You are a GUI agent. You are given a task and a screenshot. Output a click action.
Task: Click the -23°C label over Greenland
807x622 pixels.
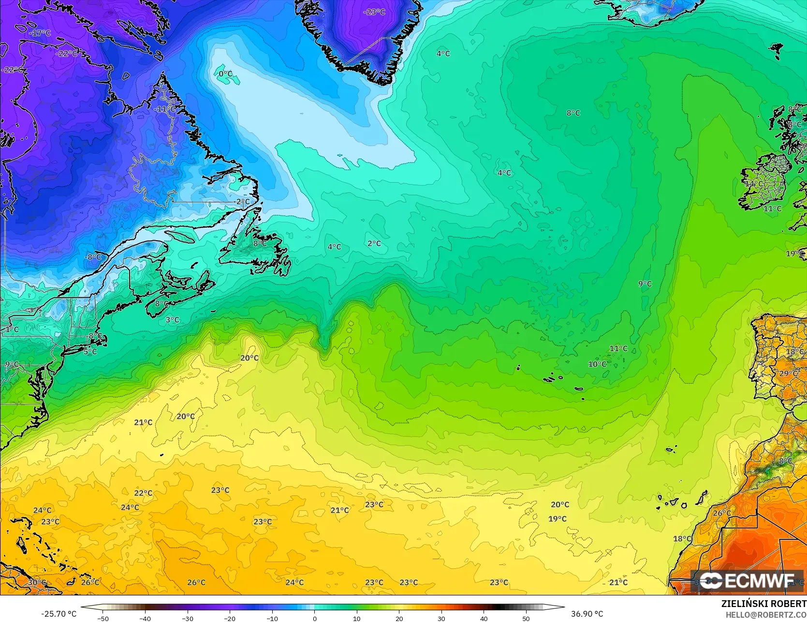(374, 12)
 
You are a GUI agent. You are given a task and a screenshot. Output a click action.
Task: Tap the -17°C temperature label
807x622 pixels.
(40, 33)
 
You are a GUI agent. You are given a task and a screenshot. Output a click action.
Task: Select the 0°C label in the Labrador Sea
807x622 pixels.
(225, 74)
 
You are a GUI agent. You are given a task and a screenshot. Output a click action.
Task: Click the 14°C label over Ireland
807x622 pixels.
(754, 184)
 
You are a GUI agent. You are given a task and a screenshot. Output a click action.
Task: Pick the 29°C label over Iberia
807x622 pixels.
(788, 373)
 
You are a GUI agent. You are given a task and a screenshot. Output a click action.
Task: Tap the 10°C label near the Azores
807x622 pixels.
(597, 364)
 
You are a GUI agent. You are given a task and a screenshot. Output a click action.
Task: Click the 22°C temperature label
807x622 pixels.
(143, 493)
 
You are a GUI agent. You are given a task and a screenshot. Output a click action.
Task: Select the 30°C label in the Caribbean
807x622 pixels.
(37, 582)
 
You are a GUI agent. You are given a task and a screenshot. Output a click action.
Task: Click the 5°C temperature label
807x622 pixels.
(90, 352)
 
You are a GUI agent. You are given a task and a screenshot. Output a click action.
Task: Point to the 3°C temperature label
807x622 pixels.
(172, 320)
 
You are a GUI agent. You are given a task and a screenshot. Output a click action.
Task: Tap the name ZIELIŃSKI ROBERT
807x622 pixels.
(763, 604)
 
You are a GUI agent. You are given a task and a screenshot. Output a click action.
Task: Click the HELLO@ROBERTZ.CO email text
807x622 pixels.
(765, 614)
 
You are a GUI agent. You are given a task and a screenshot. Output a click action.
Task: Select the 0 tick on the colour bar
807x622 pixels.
(314, 618)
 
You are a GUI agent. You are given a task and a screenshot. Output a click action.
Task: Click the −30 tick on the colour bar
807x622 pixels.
(188, 618)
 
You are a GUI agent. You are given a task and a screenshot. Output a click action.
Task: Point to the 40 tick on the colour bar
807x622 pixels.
(484, 618)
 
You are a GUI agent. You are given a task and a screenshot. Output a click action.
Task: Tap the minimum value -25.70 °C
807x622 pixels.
(59, 614)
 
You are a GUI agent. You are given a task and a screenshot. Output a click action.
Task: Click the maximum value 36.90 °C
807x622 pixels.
(587, 614)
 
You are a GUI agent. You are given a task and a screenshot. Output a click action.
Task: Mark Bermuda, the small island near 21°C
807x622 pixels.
(161, 454)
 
